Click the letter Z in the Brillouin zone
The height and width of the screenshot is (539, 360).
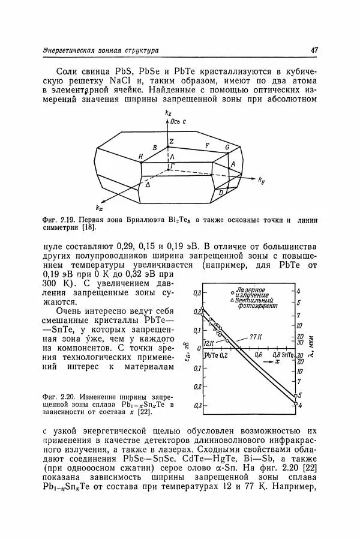(x=171, y=142)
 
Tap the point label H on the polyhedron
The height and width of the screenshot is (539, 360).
(x=140, y=157)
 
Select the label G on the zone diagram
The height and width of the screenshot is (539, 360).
(x=227, y=146)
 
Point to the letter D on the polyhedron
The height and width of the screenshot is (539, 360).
(x=220, y=192)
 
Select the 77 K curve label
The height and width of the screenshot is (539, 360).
(x=257, y=338)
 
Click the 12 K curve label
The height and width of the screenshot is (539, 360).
(x=209, y=343)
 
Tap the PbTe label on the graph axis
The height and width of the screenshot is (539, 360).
(x=212, y=355)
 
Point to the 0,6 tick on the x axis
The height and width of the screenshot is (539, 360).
(x=260, y=355)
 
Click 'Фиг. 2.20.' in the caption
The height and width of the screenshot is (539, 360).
(x=58, y=397)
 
